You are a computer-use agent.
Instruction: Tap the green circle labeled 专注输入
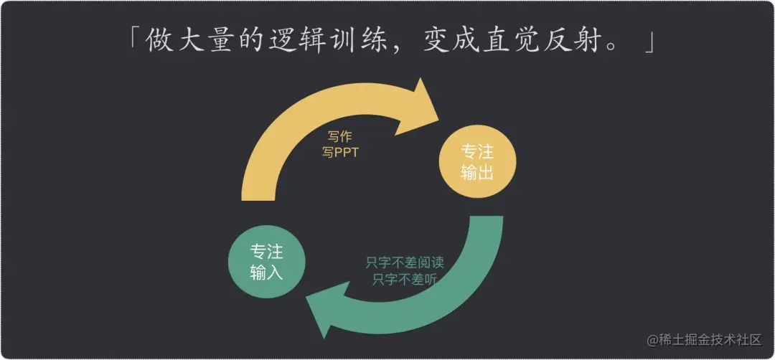266,262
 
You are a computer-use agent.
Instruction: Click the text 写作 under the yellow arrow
340,137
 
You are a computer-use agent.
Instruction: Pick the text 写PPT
340,152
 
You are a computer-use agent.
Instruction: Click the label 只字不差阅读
404,262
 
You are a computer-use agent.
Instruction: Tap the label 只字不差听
405,280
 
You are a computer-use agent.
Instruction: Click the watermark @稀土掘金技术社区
705,340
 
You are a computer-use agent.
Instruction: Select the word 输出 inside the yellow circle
477,172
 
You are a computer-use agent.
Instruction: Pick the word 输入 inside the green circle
266,273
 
